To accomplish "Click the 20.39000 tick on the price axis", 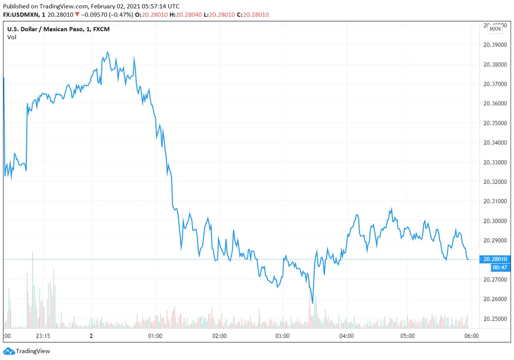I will [496, 45].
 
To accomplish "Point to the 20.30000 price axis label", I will [496, 221].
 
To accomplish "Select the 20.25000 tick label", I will [496, 319].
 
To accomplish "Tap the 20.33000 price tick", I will [496, 162].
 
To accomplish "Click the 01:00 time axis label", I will [155, 336].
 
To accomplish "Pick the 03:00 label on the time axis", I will [282, 336].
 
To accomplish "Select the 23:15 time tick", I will [43, 336].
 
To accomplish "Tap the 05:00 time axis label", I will [407, 336].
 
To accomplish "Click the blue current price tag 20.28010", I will [495, 259].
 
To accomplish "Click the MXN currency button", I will [495, 29].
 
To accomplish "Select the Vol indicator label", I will [12, 37].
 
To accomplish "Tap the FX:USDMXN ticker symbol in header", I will [22, 15].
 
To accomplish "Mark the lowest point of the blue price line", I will [313, 303].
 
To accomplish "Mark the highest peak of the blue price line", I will [108, 52].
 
